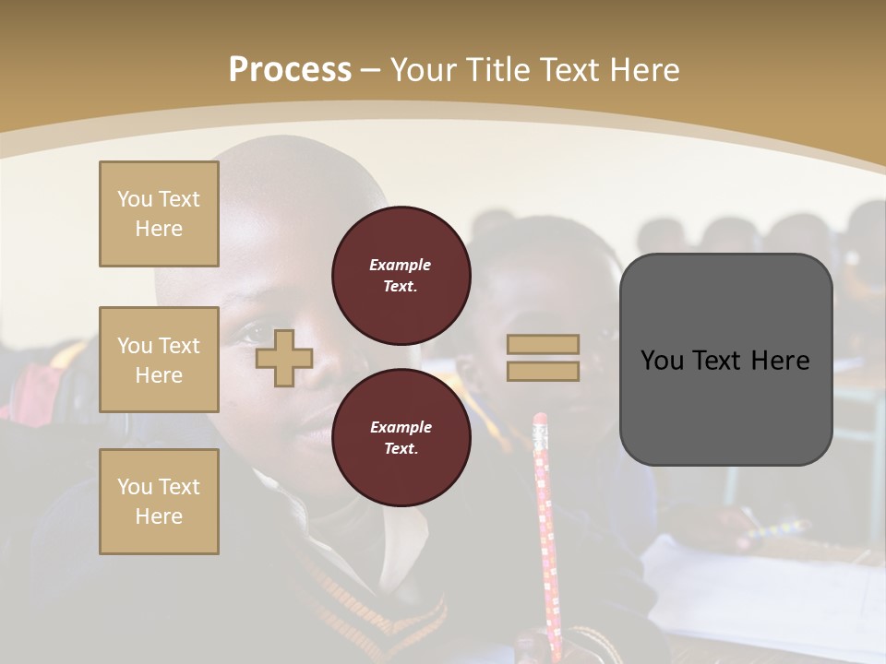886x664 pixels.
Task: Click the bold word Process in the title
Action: point(290,70)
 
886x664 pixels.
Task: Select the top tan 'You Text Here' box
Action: point(159,214)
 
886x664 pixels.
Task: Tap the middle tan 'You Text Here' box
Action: point(159,360)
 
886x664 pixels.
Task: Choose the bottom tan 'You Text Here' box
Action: point(159,502)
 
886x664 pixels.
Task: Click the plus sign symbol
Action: point(284,358)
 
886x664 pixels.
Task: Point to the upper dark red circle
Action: point(401,275)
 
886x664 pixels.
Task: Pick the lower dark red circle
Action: point(401,437)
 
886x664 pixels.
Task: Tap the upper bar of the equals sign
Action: point(544,344)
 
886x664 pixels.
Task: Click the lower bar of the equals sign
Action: point(544,371)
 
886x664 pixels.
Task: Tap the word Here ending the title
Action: point(645,70)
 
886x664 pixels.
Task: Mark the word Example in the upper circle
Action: point(401,265)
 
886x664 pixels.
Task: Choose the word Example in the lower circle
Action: point(401,427)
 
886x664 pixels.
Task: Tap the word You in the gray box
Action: point(662,360)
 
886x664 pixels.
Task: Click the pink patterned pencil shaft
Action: point(546,535)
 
